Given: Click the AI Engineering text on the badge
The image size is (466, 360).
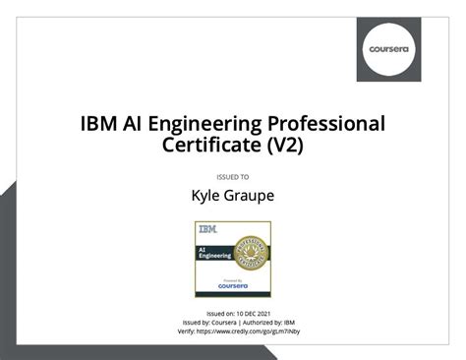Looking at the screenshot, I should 215,253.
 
